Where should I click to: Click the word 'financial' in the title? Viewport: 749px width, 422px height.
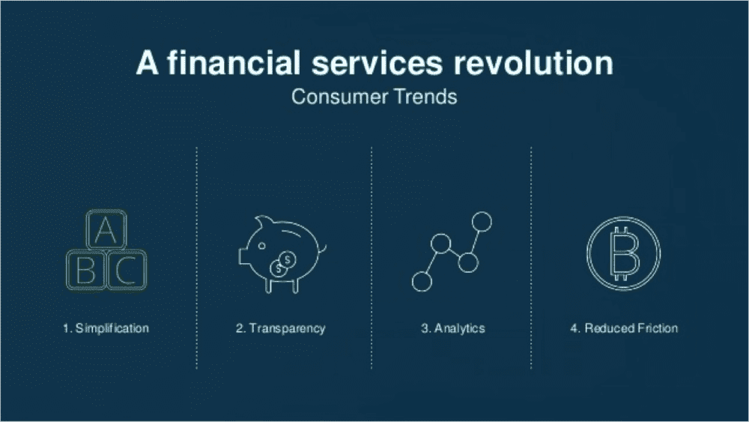click(234, 63)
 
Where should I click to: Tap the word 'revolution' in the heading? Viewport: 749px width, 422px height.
click(533, 63)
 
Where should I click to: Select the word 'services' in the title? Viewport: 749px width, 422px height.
click(377, 64)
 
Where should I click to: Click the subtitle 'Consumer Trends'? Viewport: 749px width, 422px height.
click(374, 97)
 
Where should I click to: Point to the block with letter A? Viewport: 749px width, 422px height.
click(106, 229)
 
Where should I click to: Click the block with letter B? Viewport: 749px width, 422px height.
click(86, 270)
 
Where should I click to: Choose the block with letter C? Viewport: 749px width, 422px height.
click(127, 270)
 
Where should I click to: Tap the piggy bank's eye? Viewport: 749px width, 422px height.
click(261, 246)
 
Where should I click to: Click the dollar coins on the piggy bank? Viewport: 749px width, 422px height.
click(283, 265)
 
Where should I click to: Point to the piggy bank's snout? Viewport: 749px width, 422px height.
click(243, 256)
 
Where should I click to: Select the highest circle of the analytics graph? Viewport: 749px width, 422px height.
click(482, 222)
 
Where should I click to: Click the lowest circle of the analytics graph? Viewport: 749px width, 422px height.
click(422, 282)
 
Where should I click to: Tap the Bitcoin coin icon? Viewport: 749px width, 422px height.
click(623, 254)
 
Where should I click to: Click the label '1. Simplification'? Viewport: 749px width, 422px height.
click(106, 328)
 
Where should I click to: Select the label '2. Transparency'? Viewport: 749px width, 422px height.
click(280, 329)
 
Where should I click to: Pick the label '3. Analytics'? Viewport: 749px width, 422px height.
click(453, 329)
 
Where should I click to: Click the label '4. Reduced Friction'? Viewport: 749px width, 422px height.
click(624, 328)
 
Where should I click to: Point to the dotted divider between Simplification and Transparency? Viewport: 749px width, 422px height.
click(196, 258)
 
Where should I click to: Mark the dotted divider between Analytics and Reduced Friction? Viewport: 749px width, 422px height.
click(531, 258)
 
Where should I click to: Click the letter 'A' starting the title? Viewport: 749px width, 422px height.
click(147, 63)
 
